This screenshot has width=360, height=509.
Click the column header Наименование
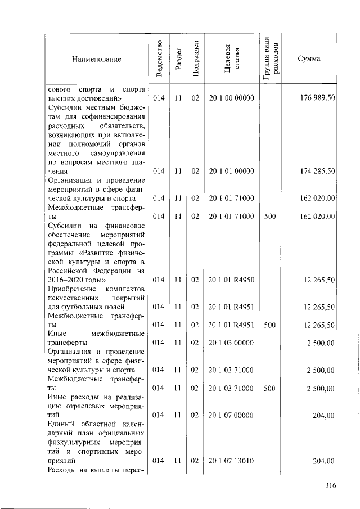click(96, 59)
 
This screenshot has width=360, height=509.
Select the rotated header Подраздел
click(195, 58)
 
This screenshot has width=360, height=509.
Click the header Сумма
click(309, 59)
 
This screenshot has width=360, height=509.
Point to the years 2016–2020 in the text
click(72, 280)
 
